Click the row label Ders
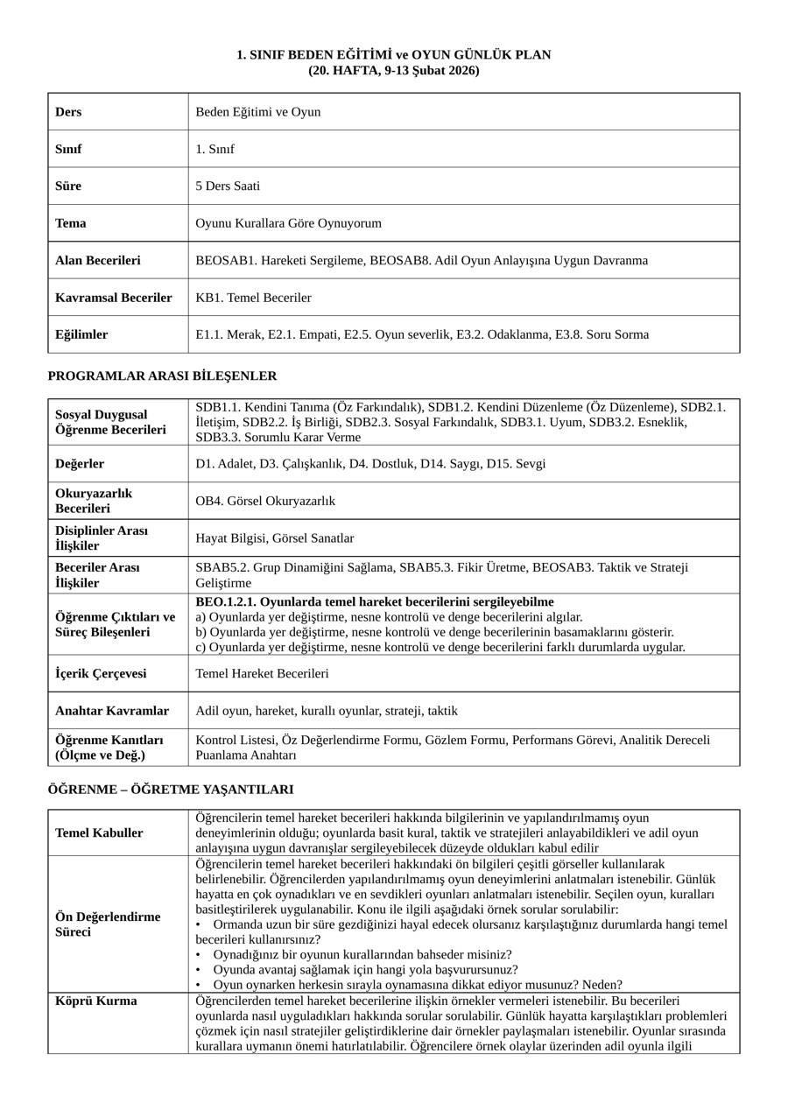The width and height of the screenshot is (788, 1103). point(68,112)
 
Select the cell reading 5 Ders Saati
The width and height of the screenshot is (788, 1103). point(228,186)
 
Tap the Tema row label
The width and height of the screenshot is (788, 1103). point(71,223)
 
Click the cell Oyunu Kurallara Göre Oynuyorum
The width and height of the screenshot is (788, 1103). point(289,223)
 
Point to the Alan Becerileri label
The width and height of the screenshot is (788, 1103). point(97,261)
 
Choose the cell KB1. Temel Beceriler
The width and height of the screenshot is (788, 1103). point(253,298)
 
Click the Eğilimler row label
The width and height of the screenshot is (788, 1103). point(81,334)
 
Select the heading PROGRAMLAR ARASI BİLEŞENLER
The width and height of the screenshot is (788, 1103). point(162,376)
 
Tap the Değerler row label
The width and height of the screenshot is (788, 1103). point(80,464)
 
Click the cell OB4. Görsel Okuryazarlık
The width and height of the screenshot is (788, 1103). point(265,502)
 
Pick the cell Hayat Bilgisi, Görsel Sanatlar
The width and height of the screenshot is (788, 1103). point(275,538)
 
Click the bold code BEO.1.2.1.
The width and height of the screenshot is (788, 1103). point(225,602)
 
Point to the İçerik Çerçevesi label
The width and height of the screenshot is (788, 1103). point(101,674)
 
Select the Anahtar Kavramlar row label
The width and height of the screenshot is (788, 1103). point(112,711)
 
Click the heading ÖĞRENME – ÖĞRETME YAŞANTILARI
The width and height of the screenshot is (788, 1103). point(171,790)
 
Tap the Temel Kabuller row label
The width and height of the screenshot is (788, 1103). point(99,833)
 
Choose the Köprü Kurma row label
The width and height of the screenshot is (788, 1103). point(95,1001)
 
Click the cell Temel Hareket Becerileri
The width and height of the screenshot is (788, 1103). point(262,674)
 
